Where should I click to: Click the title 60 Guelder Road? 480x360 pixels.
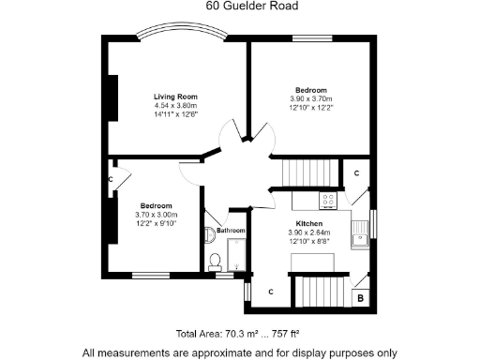coord(239,6)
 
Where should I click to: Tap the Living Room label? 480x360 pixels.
coord(175,97)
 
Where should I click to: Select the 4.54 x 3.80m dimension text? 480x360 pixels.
coord(175,106)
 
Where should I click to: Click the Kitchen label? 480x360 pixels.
coord(309,224)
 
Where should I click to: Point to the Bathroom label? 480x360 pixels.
coord(230,231)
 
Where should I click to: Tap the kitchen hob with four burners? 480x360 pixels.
coord(328,200)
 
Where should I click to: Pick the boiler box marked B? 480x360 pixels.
coord(361,298)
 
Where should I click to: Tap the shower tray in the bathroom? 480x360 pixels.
coord(235,255)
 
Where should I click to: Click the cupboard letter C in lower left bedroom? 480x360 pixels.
coord(110,179)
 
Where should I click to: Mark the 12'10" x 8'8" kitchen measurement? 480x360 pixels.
coord(309,241)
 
